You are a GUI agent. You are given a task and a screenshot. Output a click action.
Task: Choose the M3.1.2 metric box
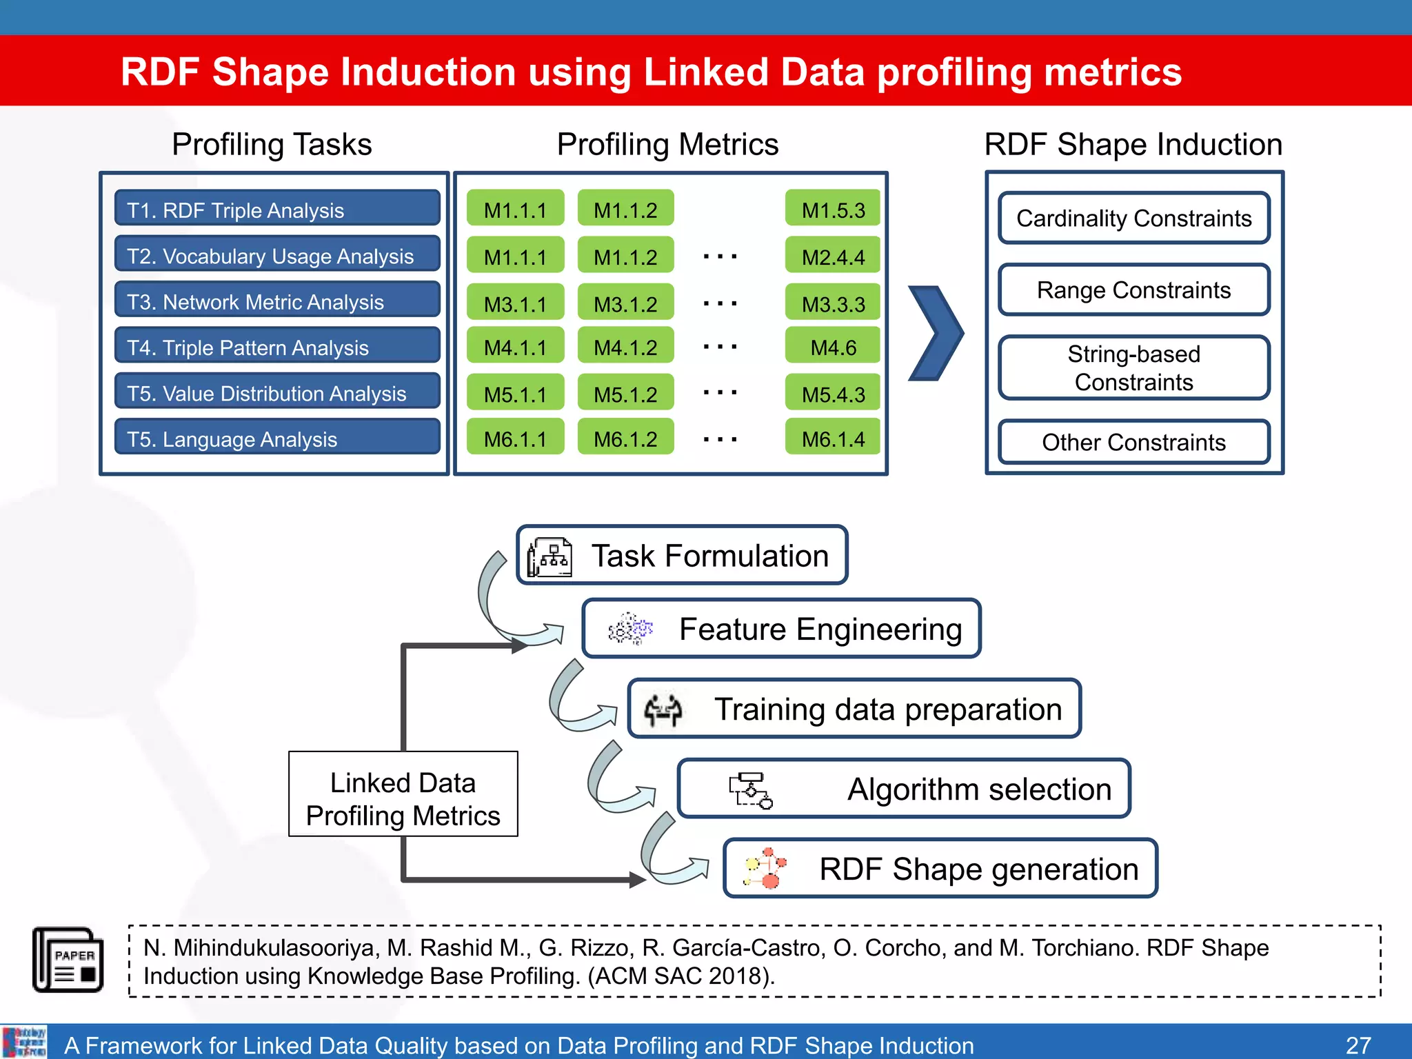tap(625, 303)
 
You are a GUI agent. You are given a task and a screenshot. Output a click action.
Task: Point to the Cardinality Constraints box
tap(1133, 218)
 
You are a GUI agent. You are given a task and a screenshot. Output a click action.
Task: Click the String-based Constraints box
tap(1133, 367)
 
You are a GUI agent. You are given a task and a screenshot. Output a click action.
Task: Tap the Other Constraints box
tap(1133, 441)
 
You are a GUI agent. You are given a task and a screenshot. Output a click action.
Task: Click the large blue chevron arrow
tap(936, 333)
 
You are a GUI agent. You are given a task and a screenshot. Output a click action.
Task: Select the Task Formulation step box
tap(681, 555)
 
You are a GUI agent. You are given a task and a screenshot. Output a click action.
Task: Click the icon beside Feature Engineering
tap(629, 629)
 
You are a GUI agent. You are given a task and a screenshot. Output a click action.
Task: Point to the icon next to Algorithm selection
tap(751, 790)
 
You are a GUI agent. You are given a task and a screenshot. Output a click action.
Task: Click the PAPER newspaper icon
tap(68, 960)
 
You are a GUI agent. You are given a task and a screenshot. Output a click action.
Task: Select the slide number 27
tap(1358, 1045)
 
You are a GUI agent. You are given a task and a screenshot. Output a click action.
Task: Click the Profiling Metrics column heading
tap(667, 144)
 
